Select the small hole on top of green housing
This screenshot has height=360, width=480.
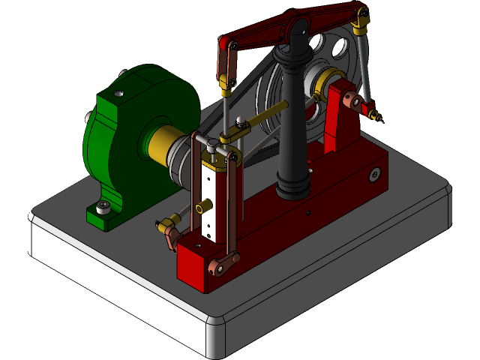[x=118, y=94]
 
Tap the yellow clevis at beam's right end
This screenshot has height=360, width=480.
[x=361, y=22]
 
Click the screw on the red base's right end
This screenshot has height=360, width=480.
[x=373, y=175]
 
